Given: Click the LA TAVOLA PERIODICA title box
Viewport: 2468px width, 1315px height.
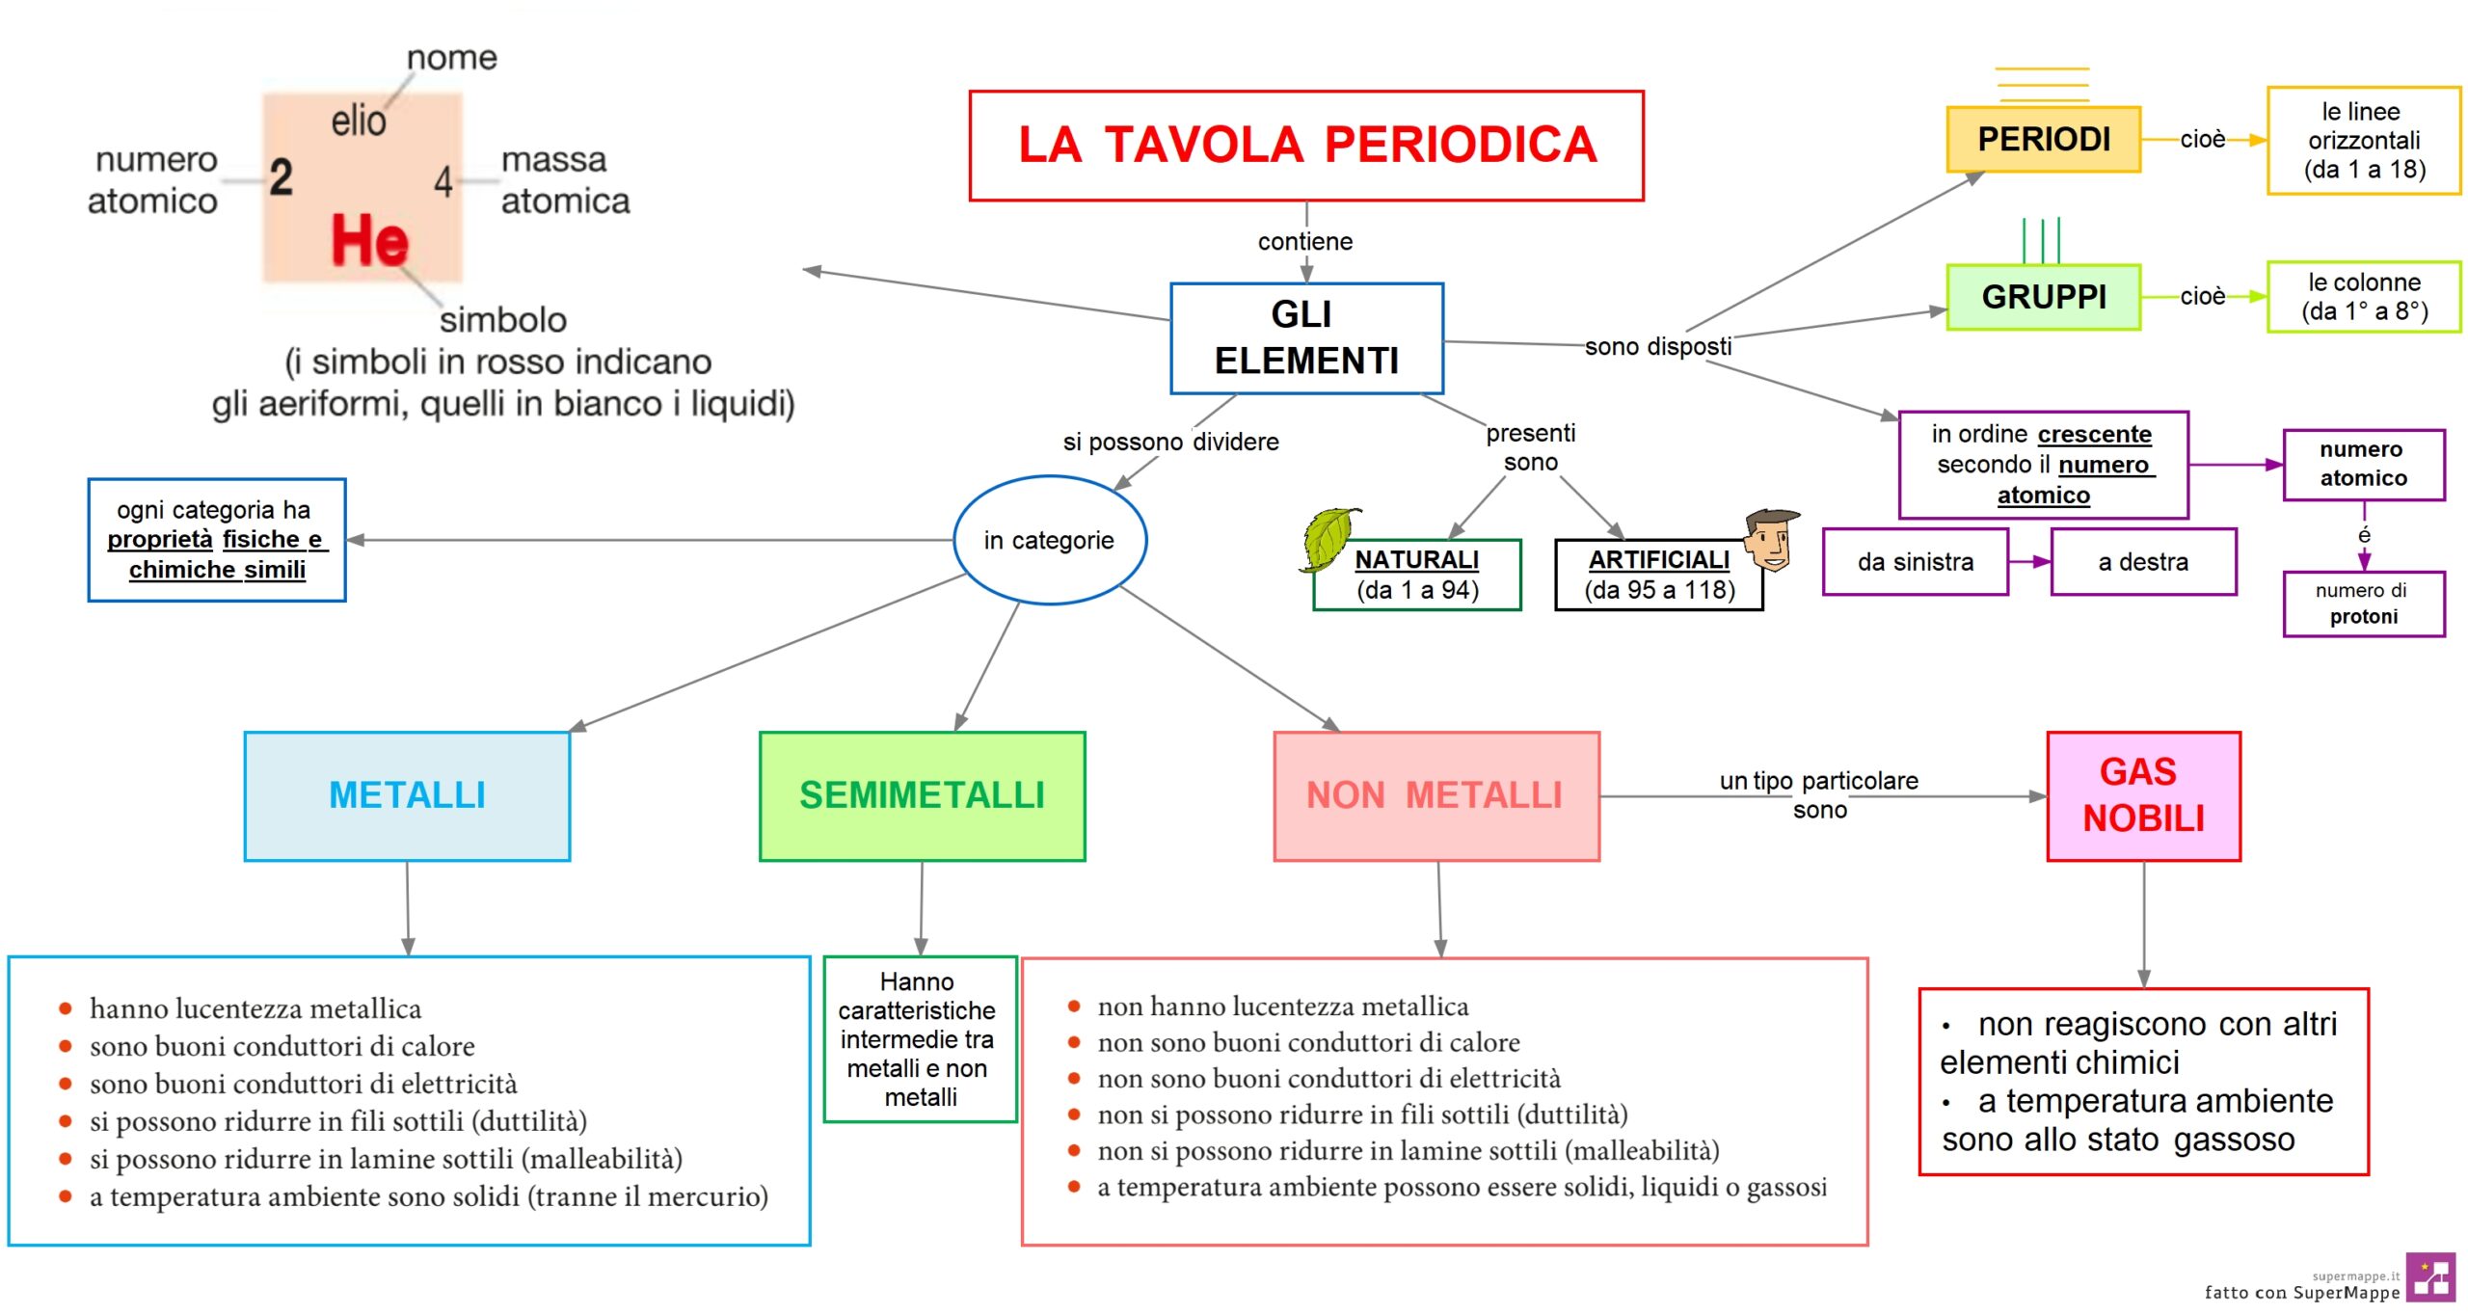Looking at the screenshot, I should coord(1305,146).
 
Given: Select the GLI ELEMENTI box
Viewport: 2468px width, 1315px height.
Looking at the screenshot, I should coord(1305,337).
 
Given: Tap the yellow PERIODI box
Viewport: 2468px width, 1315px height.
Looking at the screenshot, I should coord(2043,140).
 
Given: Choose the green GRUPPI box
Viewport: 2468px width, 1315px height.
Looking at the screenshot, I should coord(2043,297).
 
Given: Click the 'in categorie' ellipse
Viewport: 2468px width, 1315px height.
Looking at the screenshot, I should coord(1049,540).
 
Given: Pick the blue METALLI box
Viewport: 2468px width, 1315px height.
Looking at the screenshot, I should coord(407,795).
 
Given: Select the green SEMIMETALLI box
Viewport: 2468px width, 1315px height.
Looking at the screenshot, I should coord(922,795).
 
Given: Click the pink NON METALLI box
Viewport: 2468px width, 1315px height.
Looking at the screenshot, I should coord(1435,795).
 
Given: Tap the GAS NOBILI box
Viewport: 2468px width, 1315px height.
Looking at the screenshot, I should coord(2143,795).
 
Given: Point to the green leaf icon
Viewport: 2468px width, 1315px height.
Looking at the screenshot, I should coord(1329,538).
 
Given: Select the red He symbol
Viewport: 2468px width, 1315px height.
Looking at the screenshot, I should coord(369,241).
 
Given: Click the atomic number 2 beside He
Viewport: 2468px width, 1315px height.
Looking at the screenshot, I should coord(281,177).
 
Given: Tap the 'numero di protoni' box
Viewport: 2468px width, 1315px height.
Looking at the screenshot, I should coord(2363,604).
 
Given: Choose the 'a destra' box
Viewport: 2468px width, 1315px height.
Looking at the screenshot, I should coord(2142,562).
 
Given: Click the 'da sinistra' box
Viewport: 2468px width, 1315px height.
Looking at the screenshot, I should coord(1915,562).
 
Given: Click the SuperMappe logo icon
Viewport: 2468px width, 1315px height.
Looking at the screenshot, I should coord(2429,1278).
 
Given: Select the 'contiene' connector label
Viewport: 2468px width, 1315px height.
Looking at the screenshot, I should coord(1304,242).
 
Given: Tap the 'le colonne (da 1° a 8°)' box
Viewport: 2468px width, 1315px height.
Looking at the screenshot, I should coord(2363,297).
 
